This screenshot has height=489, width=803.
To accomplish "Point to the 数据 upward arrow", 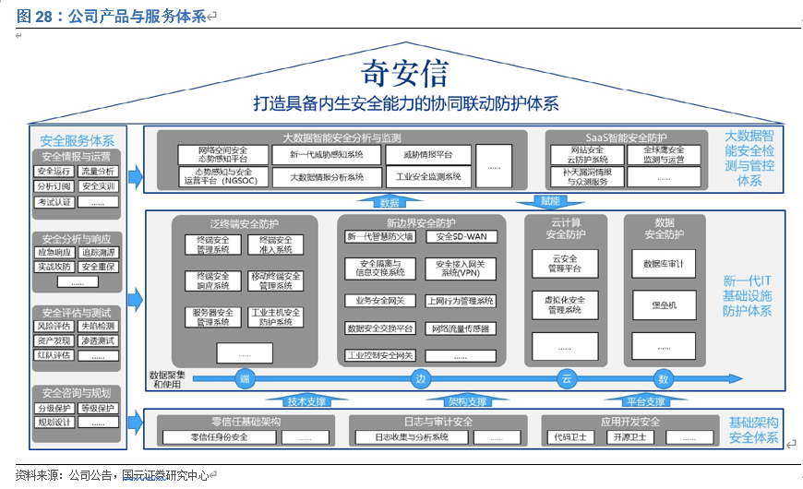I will point(390,201).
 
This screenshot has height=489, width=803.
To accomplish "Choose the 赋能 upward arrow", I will point(551,200).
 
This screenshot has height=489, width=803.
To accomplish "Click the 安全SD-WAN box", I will point(459,237).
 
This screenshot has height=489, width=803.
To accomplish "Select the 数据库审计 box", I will point(664,263).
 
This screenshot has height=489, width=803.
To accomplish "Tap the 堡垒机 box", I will point(664,304).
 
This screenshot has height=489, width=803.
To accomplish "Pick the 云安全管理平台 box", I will point(564,263).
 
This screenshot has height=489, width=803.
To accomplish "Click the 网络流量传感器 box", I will point(459,328).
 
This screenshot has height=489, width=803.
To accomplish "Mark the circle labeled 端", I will point(245,378).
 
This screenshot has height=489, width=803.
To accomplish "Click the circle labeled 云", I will point(565,378).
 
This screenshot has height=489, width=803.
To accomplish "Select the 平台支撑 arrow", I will point(642,401).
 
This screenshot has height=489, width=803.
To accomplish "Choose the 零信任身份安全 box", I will point(219,437).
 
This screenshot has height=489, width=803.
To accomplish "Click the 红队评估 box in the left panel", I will point(54,354).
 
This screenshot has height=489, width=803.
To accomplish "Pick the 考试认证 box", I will point(54,201).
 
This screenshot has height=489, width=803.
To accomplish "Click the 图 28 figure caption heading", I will point(110,16).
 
